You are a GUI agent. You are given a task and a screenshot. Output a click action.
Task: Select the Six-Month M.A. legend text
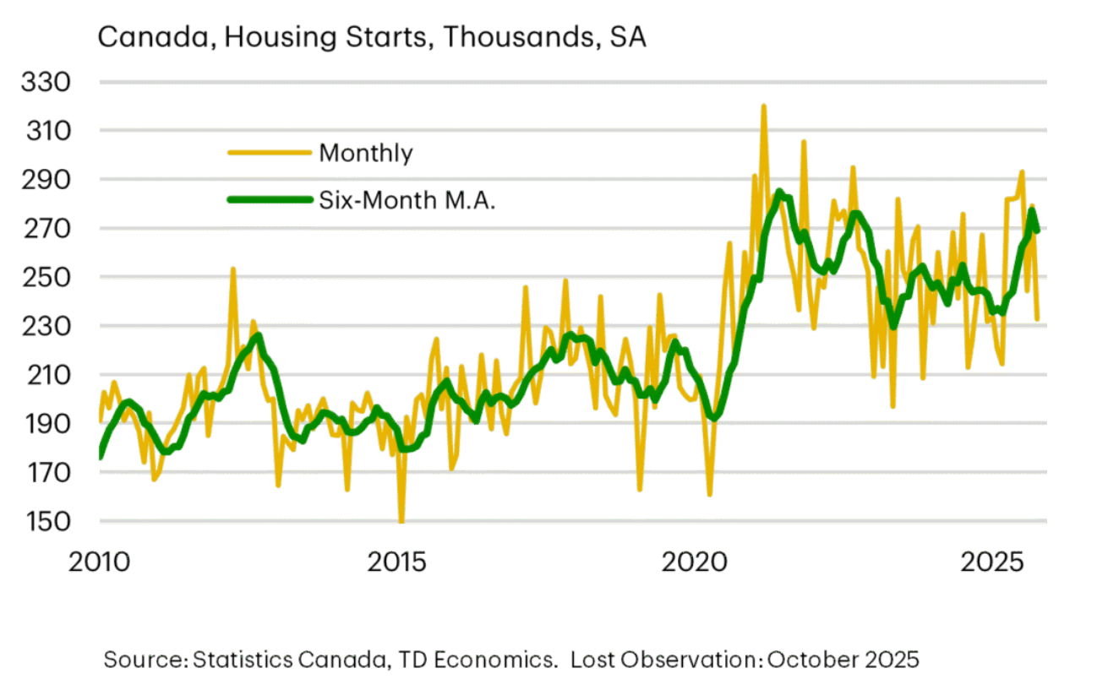pos(406,200)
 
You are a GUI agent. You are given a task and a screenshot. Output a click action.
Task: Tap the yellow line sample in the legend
pos(268,153)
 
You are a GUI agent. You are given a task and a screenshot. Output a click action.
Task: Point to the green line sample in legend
pos(268,200)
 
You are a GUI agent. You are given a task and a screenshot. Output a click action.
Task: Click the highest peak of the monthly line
pos(763,106)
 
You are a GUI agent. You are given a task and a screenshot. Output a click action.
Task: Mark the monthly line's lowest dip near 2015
pos(401,520)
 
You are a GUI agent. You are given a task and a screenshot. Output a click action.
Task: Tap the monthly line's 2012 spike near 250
pos(232,269)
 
